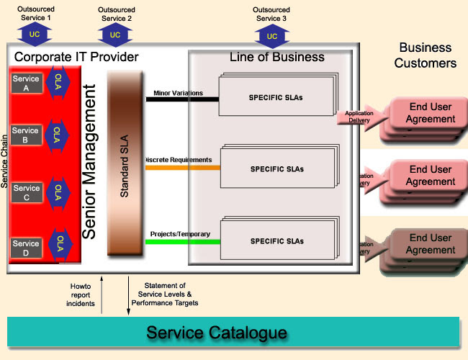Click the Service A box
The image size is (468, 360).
click(26, 84)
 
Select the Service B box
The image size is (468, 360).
click(26, 135)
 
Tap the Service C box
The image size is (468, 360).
click(27, 193)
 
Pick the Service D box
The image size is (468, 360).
click(27, 248)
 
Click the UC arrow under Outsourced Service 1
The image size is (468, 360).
click(35, 35)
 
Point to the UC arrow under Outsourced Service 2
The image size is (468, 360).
click(114, 35)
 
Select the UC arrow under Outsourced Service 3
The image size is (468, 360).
click(271, 36)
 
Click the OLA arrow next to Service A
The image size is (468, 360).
click(58, 84)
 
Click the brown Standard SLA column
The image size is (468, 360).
click(125, 166)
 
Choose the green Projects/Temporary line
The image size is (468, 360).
click(183, 241)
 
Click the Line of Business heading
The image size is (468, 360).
click(276, 57)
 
